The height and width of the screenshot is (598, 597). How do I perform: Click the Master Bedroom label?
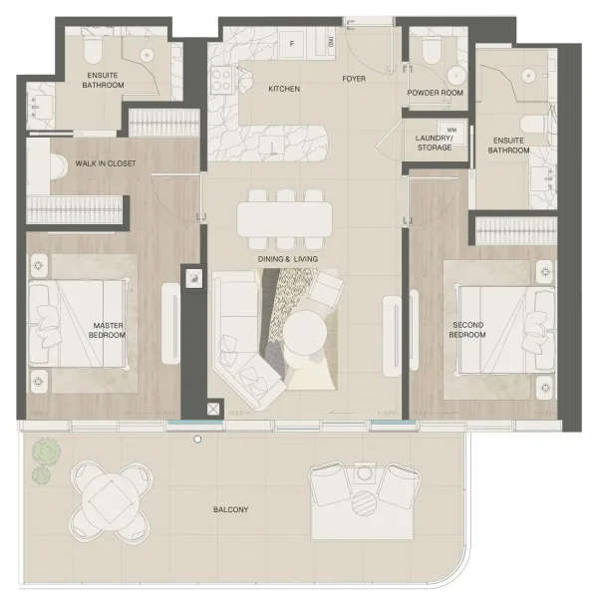tap(108, 329)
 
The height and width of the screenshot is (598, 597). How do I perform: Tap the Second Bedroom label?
tap(467, 329)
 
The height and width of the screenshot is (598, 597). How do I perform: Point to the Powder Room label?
tap(437, 93)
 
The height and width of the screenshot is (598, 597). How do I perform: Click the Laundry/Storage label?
tap(435, 143)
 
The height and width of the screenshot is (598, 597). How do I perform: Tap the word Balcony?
tap(231, 510)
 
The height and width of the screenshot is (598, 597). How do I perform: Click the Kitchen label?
tap(284, 89)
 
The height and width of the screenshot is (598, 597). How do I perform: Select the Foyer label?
tap(354, 77)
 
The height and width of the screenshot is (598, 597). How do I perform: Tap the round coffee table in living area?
tap(307, 333)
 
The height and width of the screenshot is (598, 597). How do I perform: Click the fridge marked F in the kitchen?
tap(293, 43)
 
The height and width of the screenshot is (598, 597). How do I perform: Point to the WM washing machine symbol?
tap(451, 130)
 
